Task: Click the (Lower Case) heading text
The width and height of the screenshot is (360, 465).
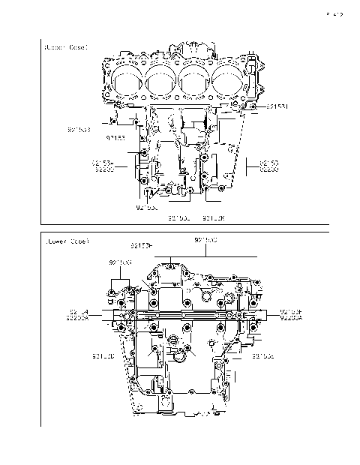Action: (x=67, y=242)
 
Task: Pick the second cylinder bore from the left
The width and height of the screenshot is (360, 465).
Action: (x=161, y=80)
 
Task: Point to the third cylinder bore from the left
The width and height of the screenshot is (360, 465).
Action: (x=195, y=80)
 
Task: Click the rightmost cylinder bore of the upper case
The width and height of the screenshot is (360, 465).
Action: (x=229, y=80)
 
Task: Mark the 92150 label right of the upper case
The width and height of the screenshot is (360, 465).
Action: (x=268, y=163)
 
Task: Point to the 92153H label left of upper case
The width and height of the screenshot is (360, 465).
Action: (x=103, y=163)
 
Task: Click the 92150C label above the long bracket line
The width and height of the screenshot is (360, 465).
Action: (x=206, y=240)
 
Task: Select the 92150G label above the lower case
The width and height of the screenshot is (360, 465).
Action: (x=120, y=262)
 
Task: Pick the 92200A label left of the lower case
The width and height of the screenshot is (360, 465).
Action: (x=78, y=318)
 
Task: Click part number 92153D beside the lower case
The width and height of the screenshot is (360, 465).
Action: (x=103, y=355)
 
